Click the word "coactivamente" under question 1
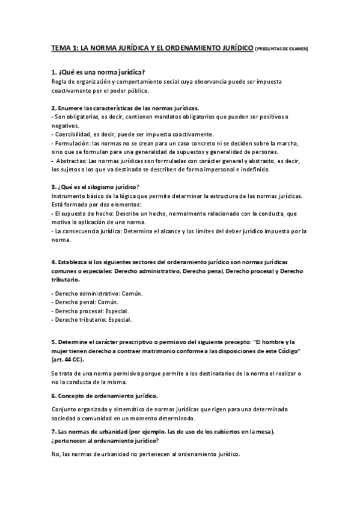[x=73, y=91]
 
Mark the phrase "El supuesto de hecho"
[x=83, y=213]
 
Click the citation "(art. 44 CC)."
[x=67, y=359]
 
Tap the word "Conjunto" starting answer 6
[x=64, y=409]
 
